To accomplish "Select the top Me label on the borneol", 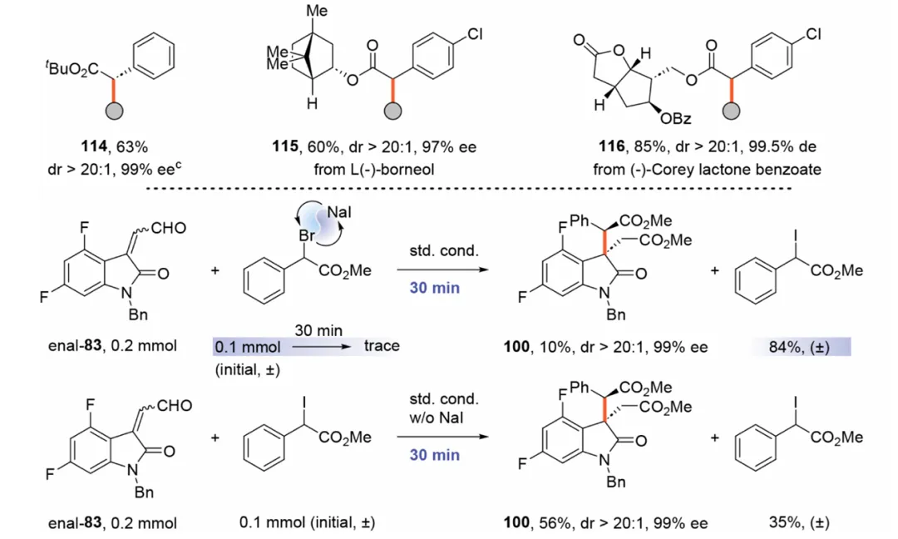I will click(x=318, y=11).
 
